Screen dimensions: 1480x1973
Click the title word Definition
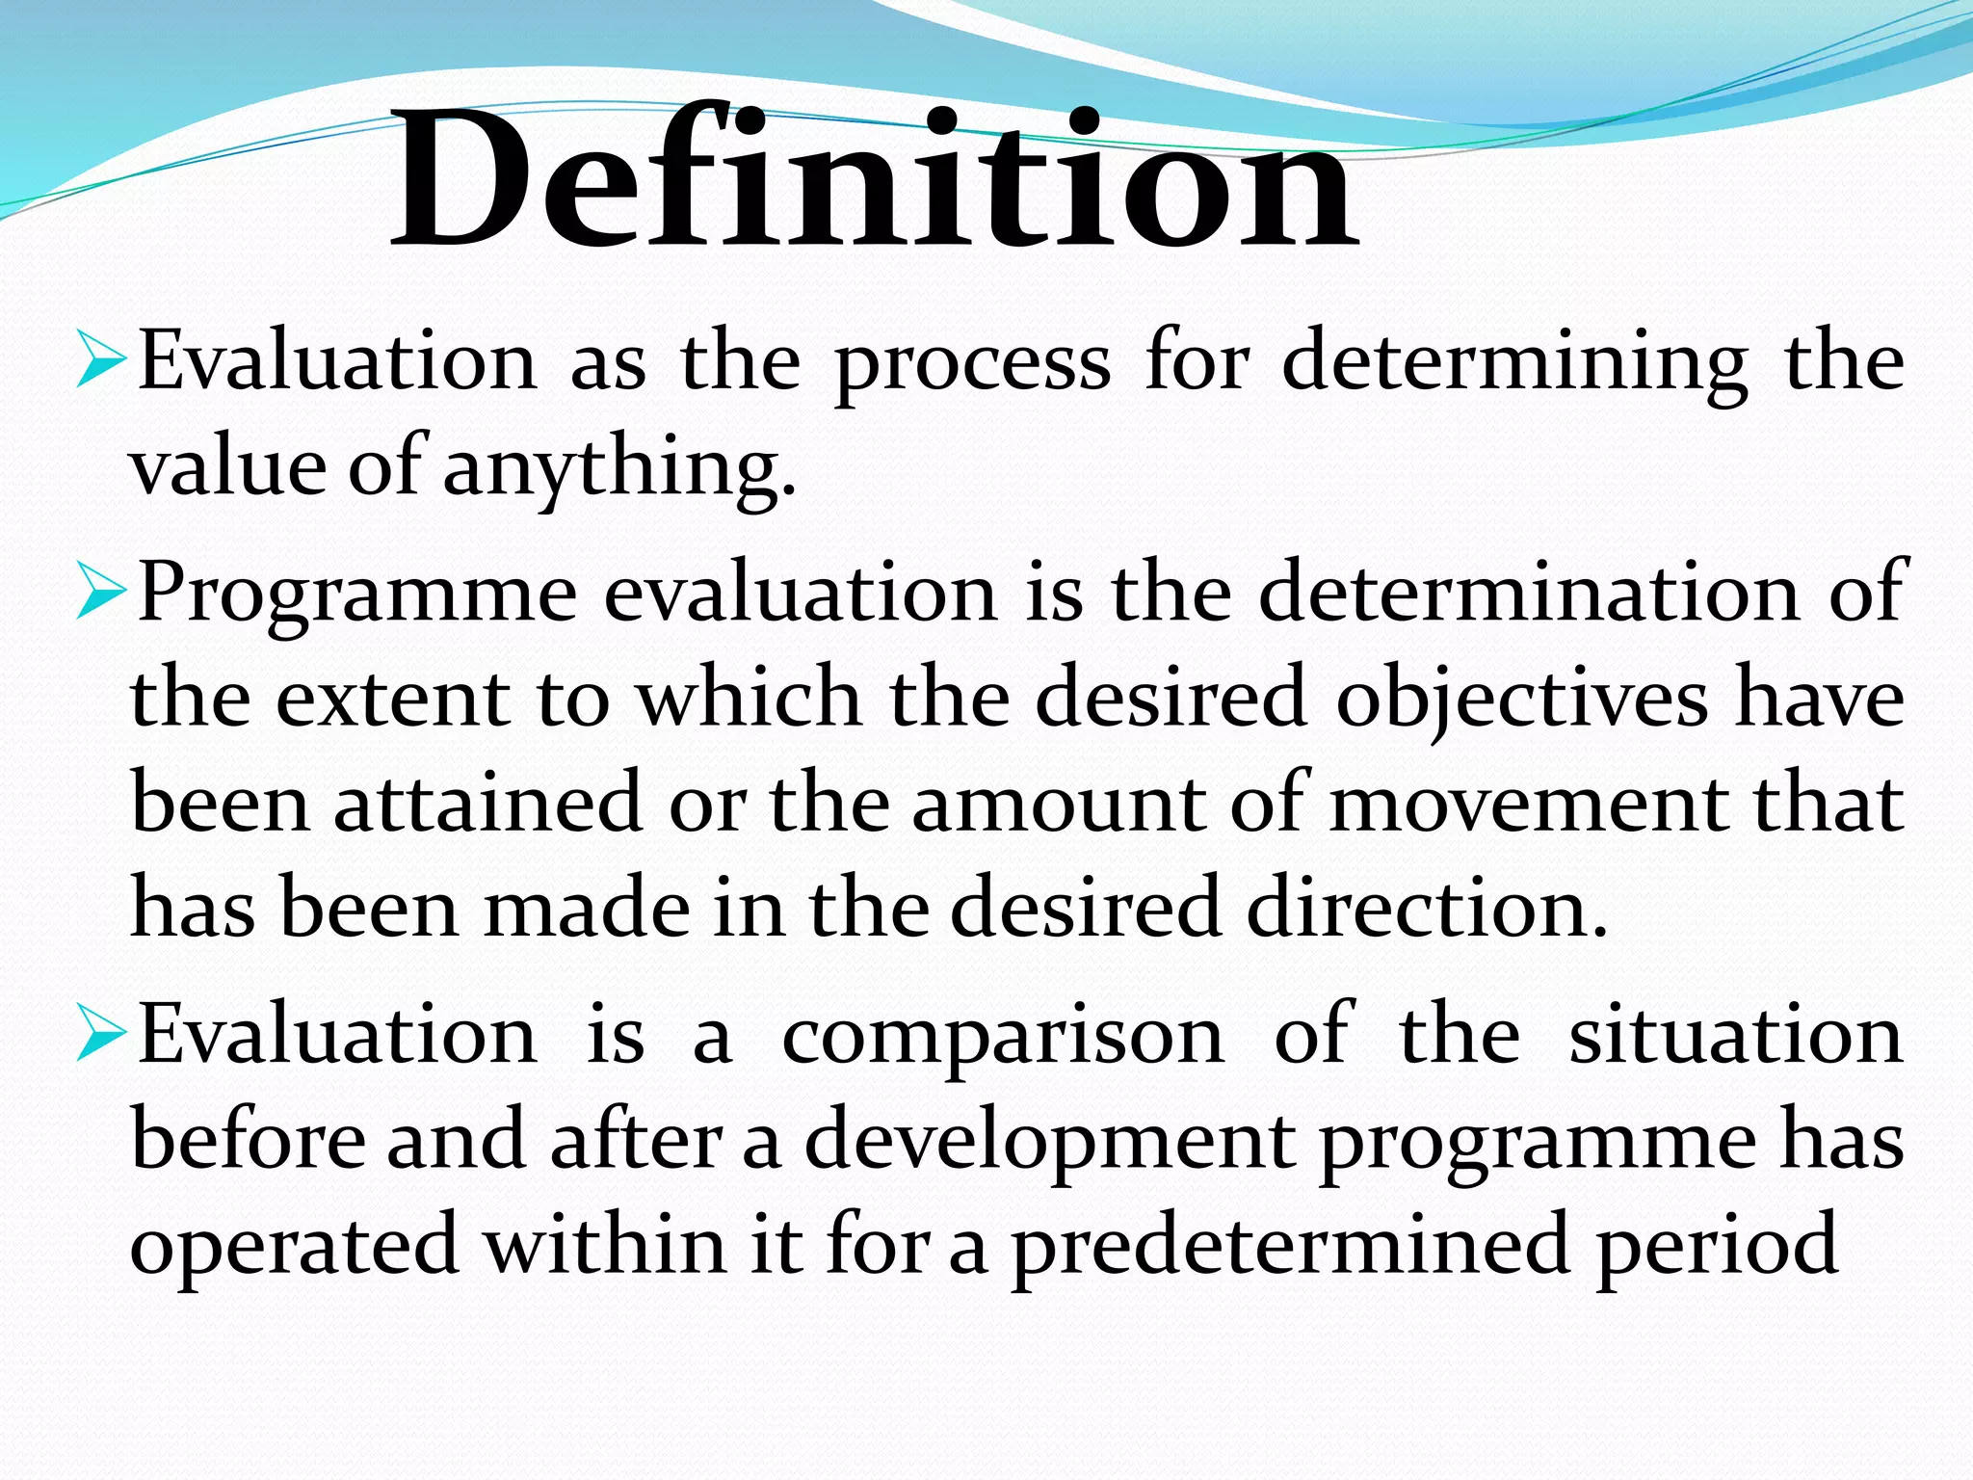tap(875, 178)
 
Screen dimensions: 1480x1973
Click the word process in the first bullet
tap(972, 364)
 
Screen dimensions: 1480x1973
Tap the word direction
tap(1427, 909)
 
